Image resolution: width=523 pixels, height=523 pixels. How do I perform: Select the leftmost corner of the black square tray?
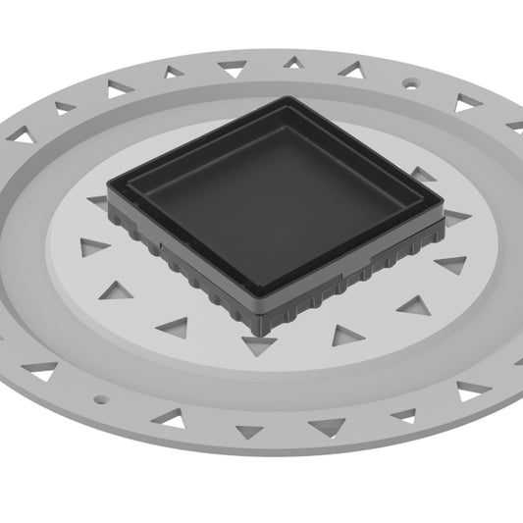(111, 185)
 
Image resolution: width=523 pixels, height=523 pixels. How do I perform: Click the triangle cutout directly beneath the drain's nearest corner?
(259, 344)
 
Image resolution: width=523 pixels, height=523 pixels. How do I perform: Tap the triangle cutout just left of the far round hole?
(350, 69)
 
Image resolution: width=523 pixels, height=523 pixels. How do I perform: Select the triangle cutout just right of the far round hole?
(465, 101)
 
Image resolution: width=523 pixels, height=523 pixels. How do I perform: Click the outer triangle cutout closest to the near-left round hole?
(41, 370)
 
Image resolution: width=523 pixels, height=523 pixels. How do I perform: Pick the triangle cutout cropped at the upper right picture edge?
(515, 126)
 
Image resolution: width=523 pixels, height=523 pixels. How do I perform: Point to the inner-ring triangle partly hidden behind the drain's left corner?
(98, 202)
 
